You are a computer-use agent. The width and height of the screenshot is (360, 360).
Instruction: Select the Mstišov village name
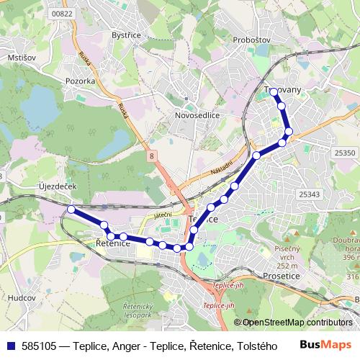coord(21,57)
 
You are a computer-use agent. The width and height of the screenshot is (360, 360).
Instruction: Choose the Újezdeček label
coord(57,186)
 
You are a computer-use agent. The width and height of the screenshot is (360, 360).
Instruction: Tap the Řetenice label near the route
coord(113,245)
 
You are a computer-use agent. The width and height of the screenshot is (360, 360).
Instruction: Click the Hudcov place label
coord(21,297)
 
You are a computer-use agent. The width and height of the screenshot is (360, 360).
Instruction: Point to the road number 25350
coord(345,153)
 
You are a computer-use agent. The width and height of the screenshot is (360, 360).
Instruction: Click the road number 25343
coord(309,194)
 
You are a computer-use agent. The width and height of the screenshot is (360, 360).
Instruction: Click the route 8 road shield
coord(152,155)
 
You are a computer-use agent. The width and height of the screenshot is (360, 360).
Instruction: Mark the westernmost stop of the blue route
coord(71,210)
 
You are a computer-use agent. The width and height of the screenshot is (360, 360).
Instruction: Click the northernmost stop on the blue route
coord(274,92)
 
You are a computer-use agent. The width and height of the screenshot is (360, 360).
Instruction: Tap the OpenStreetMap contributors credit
coord(297,323)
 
